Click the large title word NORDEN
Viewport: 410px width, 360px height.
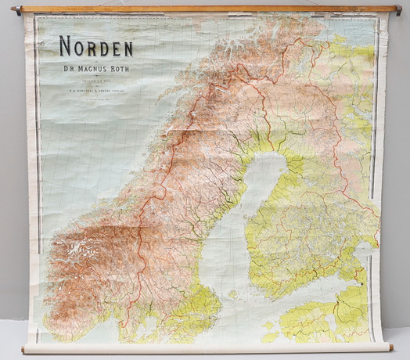tap(95, 47)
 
